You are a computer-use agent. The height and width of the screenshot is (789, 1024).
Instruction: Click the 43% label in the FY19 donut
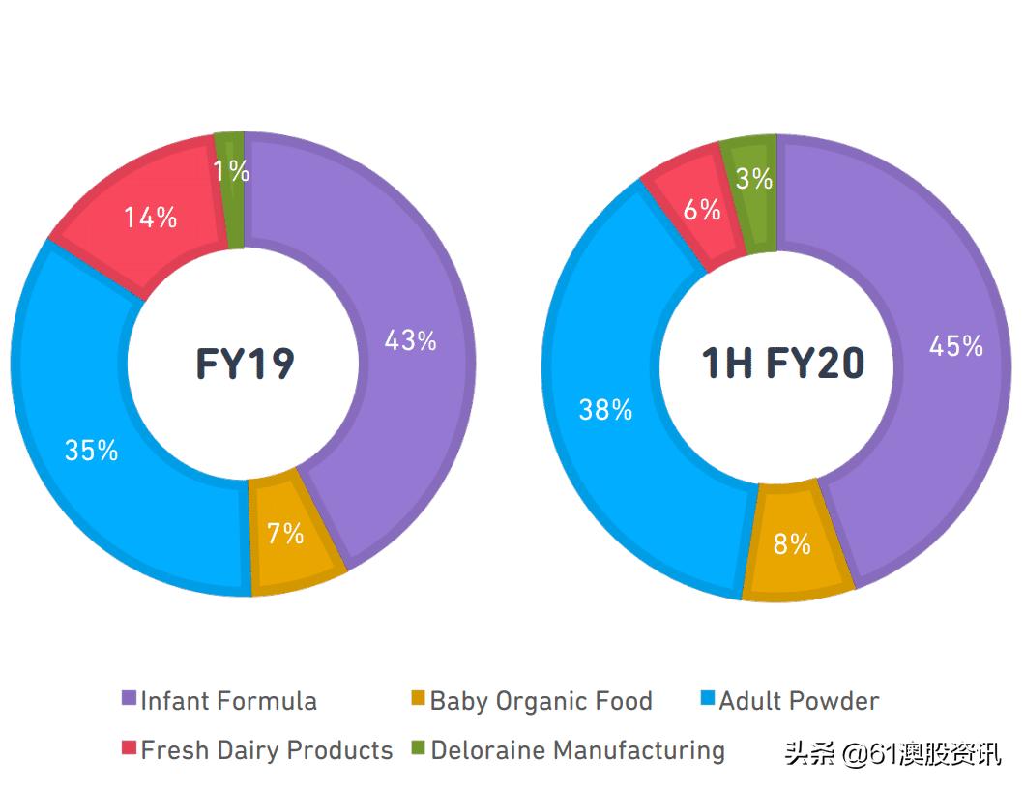pyautogui.click(x=410, y=340)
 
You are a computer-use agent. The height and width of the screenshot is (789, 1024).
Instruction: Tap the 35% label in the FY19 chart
pyautogui.click(x=91, y=450)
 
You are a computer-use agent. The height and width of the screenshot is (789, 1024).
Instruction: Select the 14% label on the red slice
pyautogui.click(x=150, y=218)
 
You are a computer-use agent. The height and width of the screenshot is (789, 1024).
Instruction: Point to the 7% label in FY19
pyautogui.click(x=285, y=533)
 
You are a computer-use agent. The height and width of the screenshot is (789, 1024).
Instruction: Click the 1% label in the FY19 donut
pyautogui.click(x=232, y=171)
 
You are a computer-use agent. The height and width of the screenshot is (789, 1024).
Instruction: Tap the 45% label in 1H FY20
pyautogui.click(x=955, y=345)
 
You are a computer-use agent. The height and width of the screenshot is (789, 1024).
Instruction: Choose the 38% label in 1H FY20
pyautogui.click(x=605, y=410)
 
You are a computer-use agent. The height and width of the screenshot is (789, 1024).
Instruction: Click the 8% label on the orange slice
pyautogui.click(x=791, y=544)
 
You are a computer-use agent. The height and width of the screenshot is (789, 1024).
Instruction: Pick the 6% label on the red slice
pyautogui.click(x=702, y=210)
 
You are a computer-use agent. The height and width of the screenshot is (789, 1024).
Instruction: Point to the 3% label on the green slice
pyautogui.click(x=754, y=179)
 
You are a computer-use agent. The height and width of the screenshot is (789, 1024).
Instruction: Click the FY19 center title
pyautogui.click(x=245, y=364)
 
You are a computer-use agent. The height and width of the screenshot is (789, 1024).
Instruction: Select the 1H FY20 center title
pyautogui.click(x=782, y=364)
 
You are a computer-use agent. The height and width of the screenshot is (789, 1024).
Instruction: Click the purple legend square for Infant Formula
pyautogui.click(x=129, y=698)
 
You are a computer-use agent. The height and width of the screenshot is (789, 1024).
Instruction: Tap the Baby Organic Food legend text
pyautogui.click(x=541, y=700)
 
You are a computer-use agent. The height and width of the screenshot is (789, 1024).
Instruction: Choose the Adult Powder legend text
pyautogui.click(x=799, y=700)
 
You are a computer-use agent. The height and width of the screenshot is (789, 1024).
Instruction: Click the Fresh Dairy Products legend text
pyautogui.click(x=267, y=749)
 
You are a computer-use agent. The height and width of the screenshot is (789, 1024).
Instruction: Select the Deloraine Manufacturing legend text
pyautogui.click(x=577, y=749)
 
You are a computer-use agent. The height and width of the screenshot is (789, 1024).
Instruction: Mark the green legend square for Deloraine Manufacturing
pyautogui.click(x=418, y=747)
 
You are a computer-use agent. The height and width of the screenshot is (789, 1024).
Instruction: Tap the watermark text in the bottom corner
pyautogui.click(x=892, y=753)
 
